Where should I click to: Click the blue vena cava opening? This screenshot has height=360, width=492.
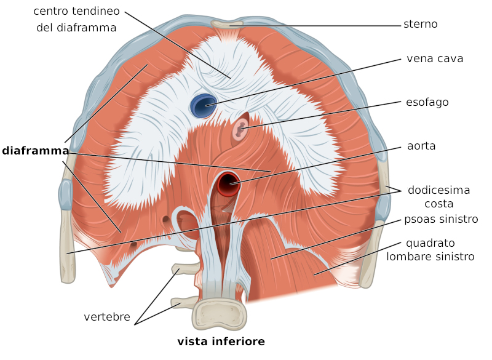coord(204,105)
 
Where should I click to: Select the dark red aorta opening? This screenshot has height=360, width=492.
coord(228,183)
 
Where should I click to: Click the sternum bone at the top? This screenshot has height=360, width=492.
coord(227,24)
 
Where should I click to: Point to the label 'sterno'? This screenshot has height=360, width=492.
coord(421,24)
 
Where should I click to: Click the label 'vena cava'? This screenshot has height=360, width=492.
coord(435,58)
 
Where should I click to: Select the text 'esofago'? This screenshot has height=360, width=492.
coord(427,102)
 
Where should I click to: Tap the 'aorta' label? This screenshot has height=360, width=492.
coord(421,146)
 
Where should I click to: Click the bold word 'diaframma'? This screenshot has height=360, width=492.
coord(36,151)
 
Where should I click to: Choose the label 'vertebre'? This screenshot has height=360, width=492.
coord(107,317)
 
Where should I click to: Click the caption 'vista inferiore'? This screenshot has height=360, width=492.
coord(221,341)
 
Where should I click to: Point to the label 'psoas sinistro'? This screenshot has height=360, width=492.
coord(441,219)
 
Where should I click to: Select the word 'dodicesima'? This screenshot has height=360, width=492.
coord(439,190)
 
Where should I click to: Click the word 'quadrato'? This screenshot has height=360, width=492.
coord(430,243)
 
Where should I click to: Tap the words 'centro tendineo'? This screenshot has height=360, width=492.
coord(76,11)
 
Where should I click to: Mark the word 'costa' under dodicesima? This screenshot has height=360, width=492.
coord(439,204)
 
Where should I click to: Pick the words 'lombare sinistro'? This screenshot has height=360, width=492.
coord(430,257)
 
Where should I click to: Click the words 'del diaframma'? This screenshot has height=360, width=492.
coord(76,28)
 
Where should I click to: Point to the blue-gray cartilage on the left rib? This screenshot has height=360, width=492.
coord(66,194)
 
